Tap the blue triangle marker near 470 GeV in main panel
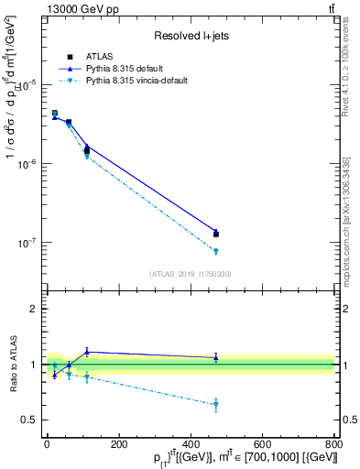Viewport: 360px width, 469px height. [215, 232]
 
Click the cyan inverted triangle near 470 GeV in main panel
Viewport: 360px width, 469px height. [215, 251]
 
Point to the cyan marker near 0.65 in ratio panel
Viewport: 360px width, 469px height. [215, 404]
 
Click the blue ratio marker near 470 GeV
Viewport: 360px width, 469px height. [215, 357]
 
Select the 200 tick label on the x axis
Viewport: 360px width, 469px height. [118, 444]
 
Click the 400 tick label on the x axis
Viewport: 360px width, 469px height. [191, 444]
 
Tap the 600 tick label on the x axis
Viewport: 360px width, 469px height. [262, 444]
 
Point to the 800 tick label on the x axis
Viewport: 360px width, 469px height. [333, 444]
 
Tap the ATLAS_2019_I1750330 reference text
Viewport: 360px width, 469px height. [190, 274]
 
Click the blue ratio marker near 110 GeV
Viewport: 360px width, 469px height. [87, 352]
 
